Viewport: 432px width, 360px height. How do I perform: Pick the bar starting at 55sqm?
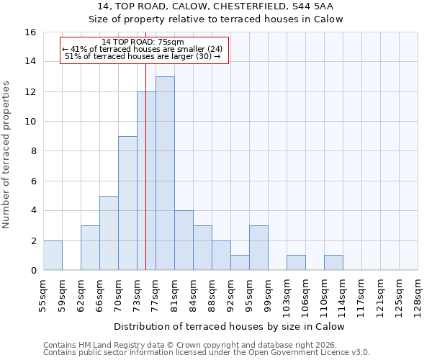click(53, 255)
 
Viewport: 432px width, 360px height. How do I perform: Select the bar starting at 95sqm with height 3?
click(258, 248)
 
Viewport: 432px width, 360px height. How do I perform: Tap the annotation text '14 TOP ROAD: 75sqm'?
click(143, 42)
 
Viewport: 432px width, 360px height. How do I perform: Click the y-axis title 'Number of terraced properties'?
click(7, 155)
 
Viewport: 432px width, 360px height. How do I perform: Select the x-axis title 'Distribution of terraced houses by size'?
click(229, 326)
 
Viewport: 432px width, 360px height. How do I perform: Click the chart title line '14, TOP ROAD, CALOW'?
click(216, 7)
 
